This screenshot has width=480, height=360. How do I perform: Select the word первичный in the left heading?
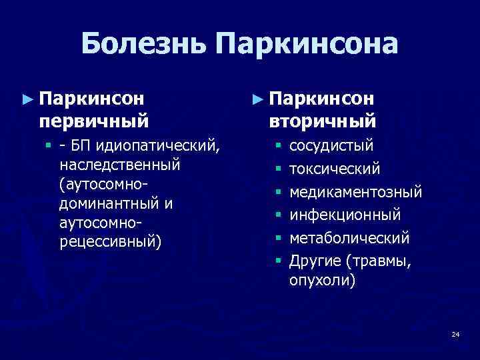coord(93,121)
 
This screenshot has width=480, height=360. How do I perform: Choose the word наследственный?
coord(120,163)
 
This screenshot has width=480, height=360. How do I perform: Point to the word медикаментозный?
coord(355,192)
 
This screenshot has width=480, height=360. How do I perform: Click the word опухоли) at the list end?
coord(322,281)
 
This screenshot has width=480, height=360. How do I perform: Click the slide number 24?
coord(455,333)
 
